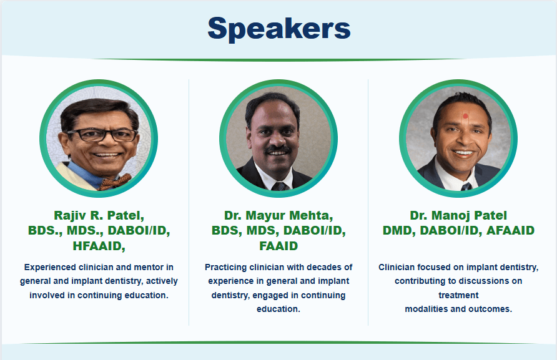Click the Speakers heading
pyautogui.click(x=279, y=29)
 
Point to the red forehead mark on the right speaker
pyautogui.click(x=465, y=116)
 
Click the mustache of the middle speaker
pyautogui.click(x=278, y=149)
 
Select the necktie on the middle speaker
pyautogui.click(x=280, y=187)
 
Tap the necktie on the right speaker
pyautogui.click(x=466, y=187)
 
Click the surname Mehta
pyautogui.click(x=311, y=215)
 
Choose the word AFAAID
pyautogui.click(x=510, y=230)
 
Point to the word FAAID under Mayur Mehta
pyautogui.click(x=278, y=246)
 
